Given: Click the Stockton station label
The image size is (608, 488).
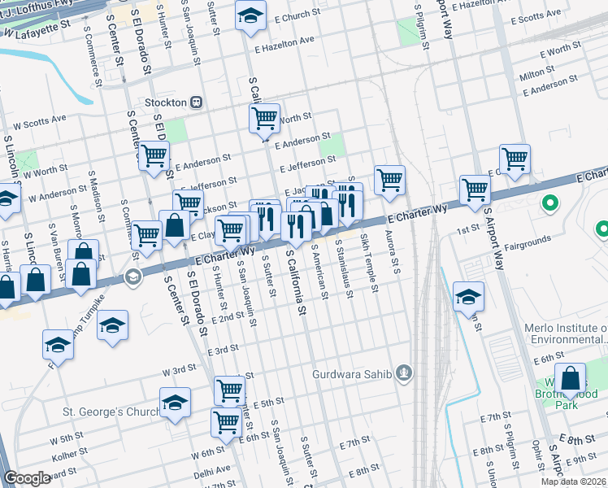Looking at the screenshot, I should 166,103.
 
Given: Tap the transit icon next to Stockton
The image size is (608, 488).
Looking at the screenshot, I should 196,103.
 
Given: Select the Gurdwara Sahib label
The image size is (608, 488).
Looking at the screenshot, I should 354,374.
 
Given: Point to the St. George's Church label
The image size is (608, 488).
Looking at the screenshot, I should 111,412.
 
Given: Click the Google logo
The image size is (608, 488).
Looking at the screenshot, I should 27,478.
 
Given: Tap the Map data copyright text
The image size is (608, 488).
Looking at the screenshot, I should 574,481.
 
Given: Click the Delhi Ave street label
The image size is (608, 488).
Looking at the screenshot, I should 212,470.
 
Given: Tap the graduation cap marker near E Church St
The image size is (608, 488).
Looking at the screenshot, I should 251,15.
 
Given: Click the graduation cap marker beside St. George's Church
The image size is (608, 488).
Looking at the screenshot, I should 175,403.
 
